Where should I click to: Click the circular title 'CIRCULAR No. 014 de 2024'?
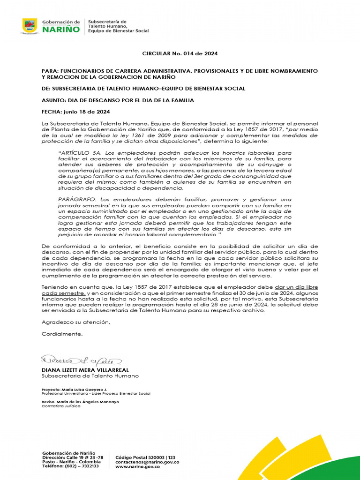[180, 53]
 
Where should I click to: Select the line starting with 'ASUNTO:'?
[118, 100]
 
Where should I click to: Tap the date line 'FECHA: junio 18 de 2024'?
[76, 112]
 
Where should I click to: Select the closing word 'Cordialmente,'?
[62, 334]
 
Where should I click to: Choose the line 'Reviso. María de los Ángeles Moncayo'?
[80, 402]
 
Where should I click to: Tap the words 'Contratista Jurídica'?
[61, 406]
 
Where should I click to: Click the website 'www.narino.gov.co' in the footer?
[138, 466]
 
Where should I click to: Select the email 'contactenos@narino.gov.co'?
[147, 461]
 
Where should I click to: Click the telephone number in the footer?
[70, 466]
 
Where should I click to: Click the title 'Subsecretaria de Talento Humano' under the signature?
[90, 376]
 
